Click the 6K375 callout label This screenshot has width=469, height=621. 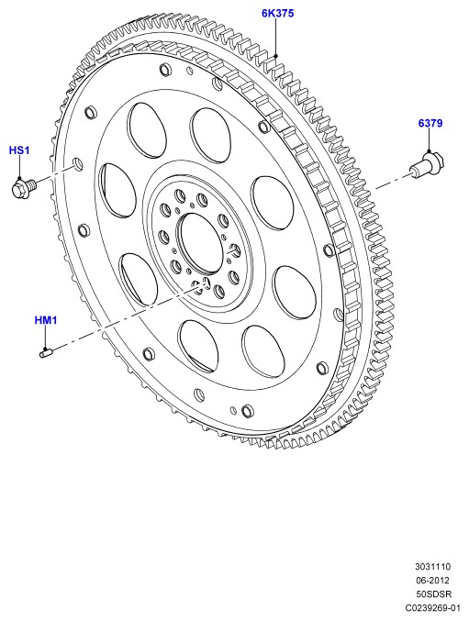pos(277,13)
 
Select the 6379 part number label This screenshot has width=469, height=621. pos(430,123)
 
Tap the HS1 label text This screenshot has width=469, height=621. pos(19,150)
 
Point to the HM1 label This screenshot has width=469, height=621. pos(46,319)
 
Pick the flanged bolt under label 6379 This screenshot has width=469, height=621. pos(427,165)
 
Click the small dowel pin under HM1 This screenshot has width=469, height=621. pos(46,351)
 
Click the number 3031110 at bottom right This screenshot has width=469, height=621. pos(432,566)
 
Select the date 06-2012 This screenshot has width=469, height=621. pos(432,581)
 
